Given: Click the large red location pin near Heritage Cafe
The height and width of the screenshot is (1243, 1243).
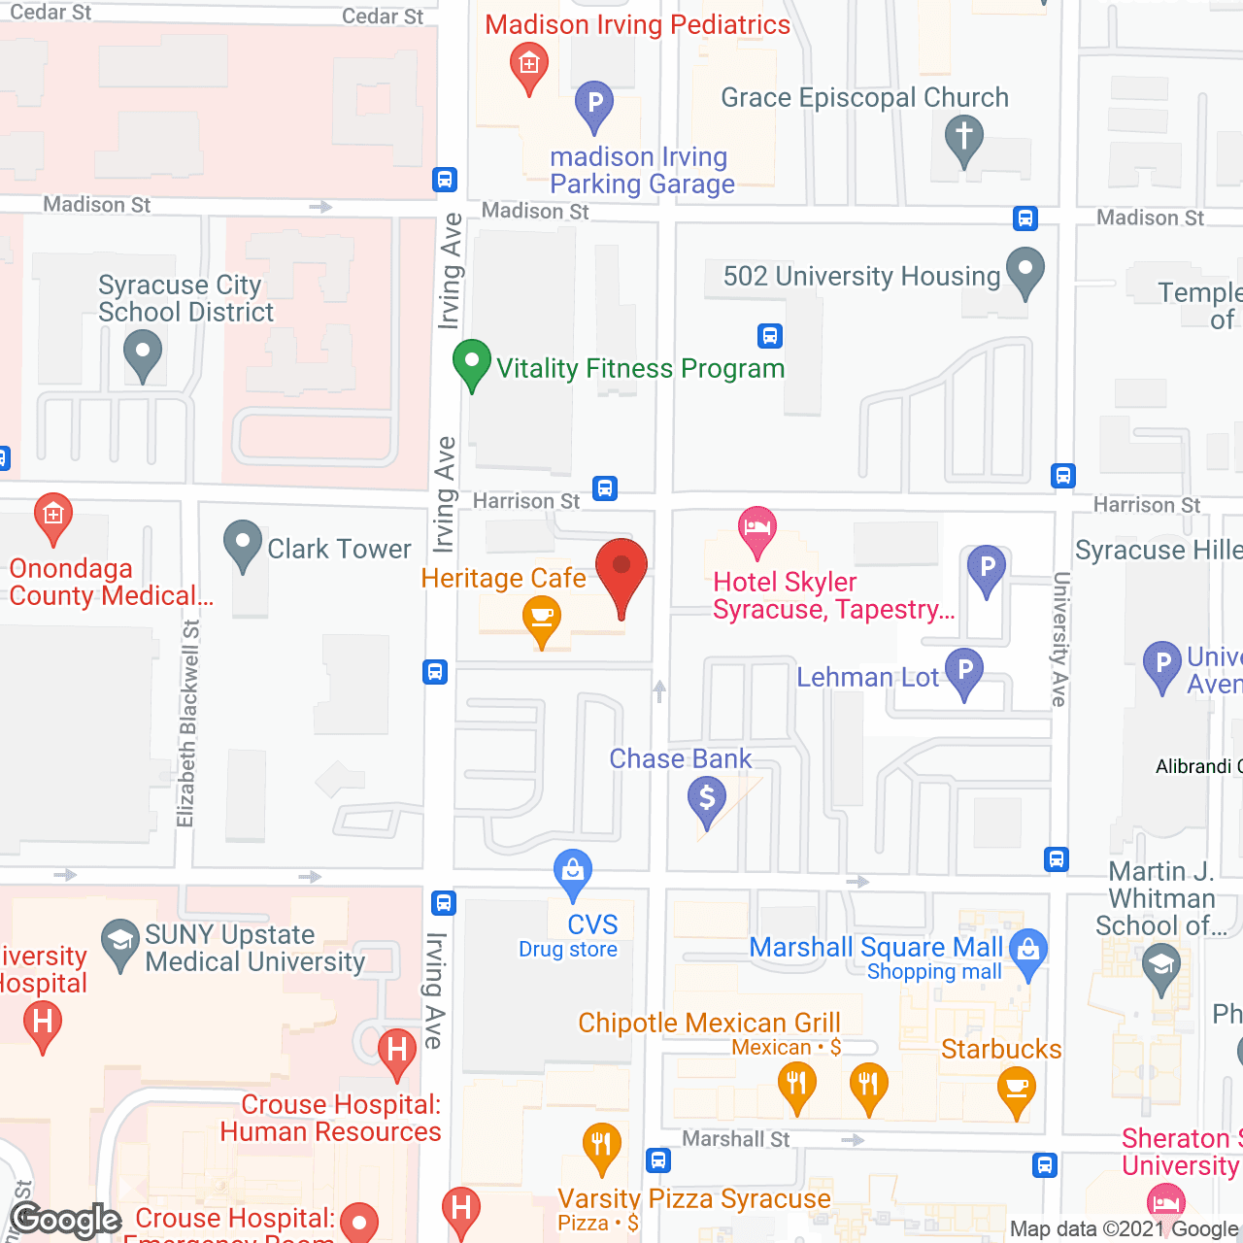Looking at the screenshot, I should click(621, 569).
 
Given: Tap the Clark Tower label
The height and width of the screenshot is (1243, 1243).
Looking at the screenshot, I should click(339, 549).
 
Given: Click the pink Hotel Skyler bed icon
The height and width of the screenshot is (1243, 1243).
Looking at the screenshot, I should click(757, 529).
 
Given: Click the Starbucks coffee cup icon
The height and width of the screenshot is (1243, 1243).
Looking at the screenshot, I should click(1017, 1090).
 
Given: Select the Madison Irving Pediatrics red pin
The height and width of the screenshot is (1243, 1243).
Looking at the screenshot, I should click(529, 67).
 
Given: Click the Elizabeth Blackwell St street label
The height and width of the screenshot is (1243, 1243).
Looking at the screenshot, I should click(188, 723).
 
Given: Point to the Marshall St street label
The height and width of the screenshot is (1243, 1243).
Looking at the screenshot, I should click(736, 1138).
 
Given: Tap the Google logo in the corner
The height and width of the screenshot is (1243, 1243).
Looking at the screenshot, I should click(66, 1220).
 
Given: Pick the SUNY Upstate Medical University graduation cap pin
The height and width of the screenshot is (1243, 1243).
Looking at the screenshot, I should click(120, 942).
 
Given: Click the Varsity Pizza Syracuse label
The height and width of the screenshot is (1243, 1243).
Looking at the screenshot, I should click(694, 1199).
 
